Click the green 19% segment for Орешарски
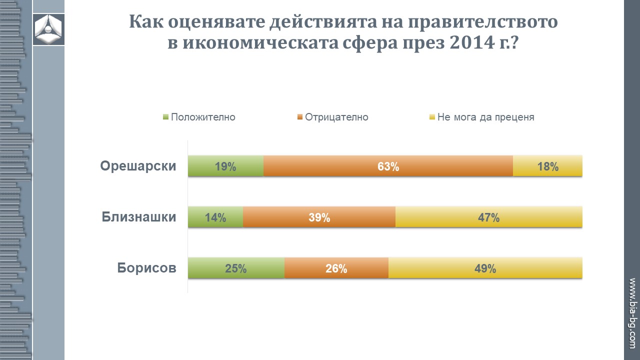tap(225, 166)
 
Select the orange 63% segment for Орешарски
tap(388, 166)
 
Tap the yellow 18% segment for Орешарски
tap(547, 166)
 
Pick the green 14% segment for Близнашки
tap(215, 217)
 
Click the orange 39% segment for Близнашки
tap(319, 217)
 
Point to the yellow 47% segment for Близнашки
tap(488, 217)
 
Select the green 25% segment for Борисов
tap(236, 268)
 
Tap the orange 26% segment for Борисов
tap(336, 268)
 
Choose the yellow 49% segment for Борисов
tap(485, 268)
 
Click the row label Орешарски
tap(138, 166)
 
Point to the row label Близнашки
tap(139, 217)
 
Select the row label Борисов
tap(147, 268)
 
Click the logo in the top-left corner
tap(48, 29)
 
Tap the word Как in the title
tap(146, 22)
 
